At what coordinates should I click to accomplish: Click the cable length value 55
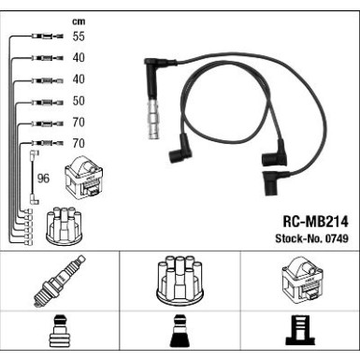(x=79, y=37)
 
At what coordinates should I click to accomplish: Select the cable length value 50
(x=79, y=101)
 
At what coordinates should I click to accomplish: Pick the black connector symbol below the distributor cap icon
(x=180, y=336)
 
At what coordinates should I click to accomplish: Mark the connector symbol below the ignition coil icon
(x=299, y=336)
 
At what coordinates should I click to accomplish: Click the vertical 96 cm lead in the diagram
(x=34, y=178)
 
